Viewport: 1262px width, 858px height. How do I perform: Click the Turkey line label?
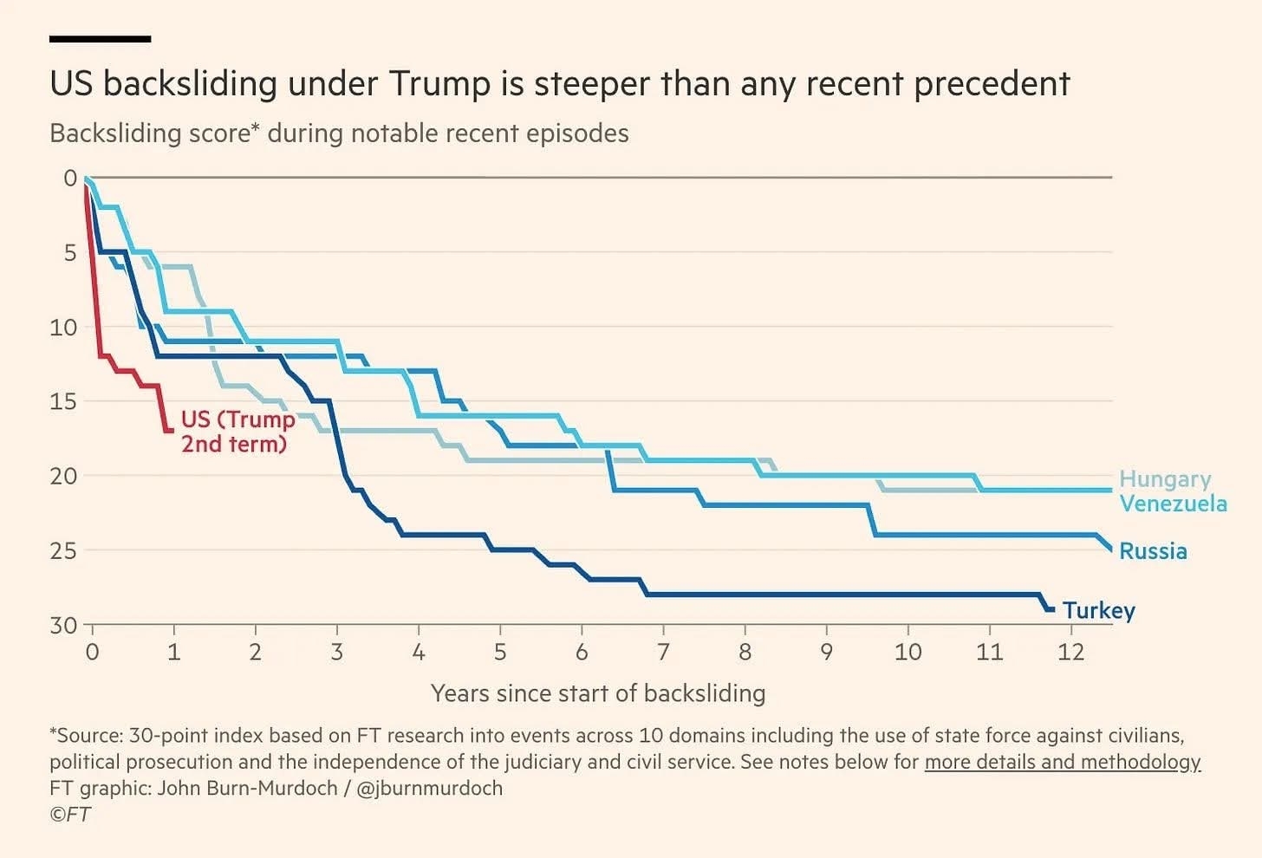(1098, 610)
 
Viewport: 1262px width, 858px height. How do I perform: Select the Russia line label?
(1153, 551)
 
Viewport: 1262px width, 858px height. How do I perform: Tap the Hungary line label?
(1164, 478)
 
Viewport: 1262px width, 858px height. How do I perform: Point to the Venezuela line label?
(1173, 504)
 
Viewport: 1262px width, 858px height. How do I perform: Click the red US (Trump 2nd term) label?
(237, 432)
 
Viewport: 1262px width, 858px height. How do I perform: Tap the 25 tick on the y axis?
(63, 550)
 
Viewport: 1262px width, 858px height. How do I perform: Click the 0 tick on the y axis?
(70, 179)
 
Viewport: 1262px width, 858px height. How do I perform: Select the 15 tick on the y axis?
(63, 401)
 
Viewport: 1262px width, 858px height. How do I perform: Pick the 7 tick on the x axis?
(663, 652)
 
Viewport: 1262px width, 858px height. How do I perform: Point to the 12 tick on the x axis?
(1070, 652)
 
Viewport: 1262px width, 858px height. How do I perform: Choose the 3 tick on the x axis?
(337, 652)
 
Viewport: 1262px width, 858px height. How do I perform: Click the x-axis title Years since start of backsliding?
(598, 693)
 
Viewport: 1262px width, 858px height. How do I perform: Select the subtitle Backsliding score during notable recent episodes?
(339, 133)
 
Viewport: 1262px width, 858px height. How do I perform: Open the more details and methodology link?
(1062, 762)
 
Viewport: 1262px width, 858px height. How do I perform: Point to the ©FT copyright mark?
(69, 814)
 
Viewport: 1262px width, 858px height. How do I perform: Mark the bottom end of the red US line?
(168, 430)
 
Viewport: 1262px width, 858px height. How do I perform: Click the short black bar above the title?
(100, 39)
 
